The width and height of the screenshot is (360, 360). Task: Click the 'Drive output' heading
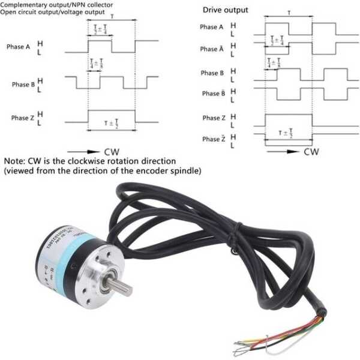[x=225, y=10]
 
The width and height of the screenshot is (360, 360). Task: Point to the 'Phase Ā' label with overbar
[x=212, y=49]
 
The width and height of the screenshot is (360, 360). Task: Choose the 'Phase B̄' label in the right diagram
[x=211, y=94]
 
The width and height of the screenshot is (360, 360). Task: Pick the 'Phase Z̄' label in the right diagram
[x=211, y=139]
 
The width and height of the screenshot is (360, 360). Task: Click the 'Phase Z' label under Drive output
[x=212, y=118]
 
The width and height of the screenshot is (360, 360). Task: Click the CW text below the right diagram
[x=311, y=152]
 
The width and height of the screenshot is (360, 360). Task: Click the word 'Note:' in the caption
[x=16, y=161]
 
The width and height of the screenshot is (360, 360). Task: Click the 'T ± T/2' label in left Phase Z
[x=112, y=124]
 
